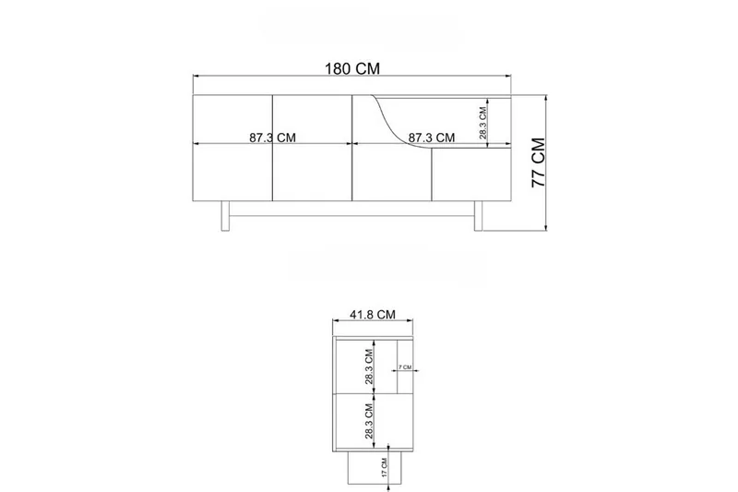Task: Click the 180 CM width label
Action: (352, 68)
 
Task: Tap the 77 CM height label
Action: (538, 162)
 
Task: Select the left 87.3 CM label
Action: (272, 138)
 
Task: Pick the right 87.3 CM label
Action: (431, 138)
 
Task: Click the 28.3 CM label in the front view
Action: (482, 124)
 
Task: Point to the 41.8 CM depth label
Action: (373, 315)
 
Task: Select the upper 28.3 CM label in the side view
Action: (369, 366)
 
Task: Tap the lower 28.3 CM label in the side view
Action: (369, 421)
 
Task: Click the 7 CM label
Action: (405, 366)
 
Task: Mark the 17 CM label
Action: (384, 467)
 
